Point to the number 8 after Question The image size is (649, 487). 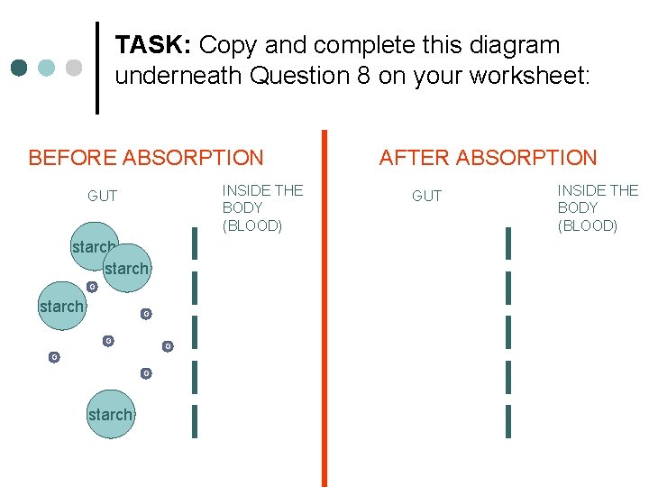(362, 76)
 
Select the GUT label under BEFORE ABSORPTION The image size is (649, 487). (102, 196)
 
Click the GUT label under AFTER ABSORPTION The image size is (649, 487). (426, 196)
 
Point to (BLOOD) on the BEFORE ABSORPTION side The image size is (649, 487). (252, 225)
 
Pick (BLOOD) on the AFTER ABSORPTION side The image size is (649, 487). (588, 225)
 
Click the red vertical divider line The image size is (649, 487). (324, 307)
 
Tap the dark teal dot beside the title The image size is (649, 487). (20, 68)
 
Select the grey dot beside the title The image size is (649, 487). (74, 68)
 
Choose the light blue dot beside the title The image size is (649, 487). (47, 68)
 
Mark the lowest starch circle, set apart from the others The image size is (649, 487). (110, 414)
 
